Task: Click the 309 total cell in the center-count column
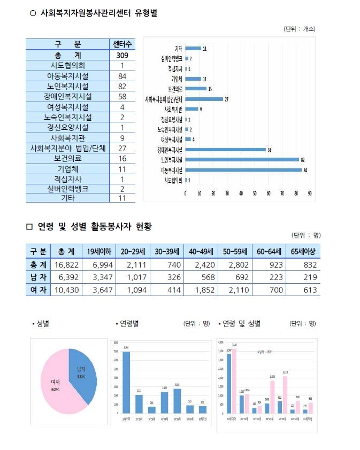point(118,55)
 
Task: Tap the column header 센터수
point(118,44)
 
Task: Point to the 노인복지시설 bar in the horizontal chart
point(242,159)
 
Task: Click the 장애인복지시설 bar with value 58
point(225,149)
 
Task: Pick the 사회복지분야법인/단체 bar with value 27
point(204,99)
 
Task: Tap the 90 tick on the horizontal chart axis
point(310,193)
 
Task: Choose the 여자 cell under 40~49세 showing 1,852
point(200,290)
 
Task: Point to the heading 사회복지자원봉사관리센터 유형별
point(98,13)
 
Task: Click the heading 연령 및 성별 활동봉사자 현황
point(94,227)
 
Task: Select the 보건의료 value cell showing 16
point(118,158)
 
